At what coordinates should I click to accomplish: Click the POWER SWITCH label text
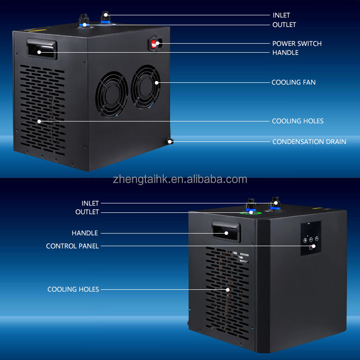point(297,44)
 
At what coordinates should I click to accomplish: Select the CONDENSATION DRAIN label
point(309,142)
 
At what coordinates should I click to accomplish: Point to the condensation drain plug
point(170,142)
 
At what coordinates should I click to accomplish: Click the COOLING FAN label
point(293,82)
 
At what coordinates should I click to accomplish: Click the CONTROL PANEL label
point(72,246)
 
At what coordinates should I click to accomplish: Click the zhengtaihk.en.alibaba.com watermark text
point(180,180)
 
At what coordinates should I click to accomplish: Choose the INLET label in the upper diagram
point(281,15)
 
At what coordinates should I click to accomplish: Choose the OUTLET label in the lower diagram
point(87,212)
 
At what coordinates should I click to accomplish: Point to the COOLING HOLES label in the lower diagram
point(73,289)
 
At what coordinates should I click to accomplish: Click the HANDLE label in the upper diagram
point(285,53)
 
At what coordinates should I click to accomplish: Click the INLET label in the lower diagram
point(90,203)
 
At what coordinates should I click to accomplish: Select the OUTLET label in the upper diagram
point(284,25)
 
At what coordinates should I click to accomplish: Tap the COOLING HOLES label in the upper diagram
point(297,121)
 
